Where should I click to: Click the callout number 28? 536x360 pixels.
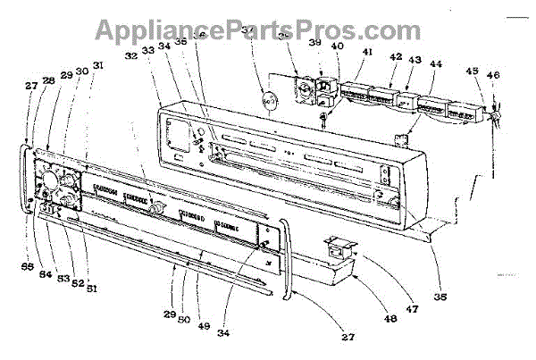(48, 81)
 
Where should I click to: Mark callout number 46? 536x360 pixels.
(494, 78)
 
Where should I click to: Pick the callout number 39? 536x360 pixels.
(314, 43)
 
